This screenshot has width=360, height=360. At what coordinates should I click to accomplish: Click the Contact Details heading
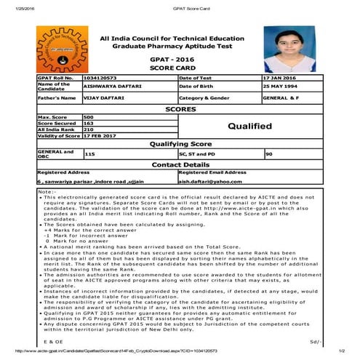pos(180,164)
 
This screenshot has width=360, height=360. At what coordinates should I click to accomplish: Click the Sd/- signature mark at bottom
pos(314,340)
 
